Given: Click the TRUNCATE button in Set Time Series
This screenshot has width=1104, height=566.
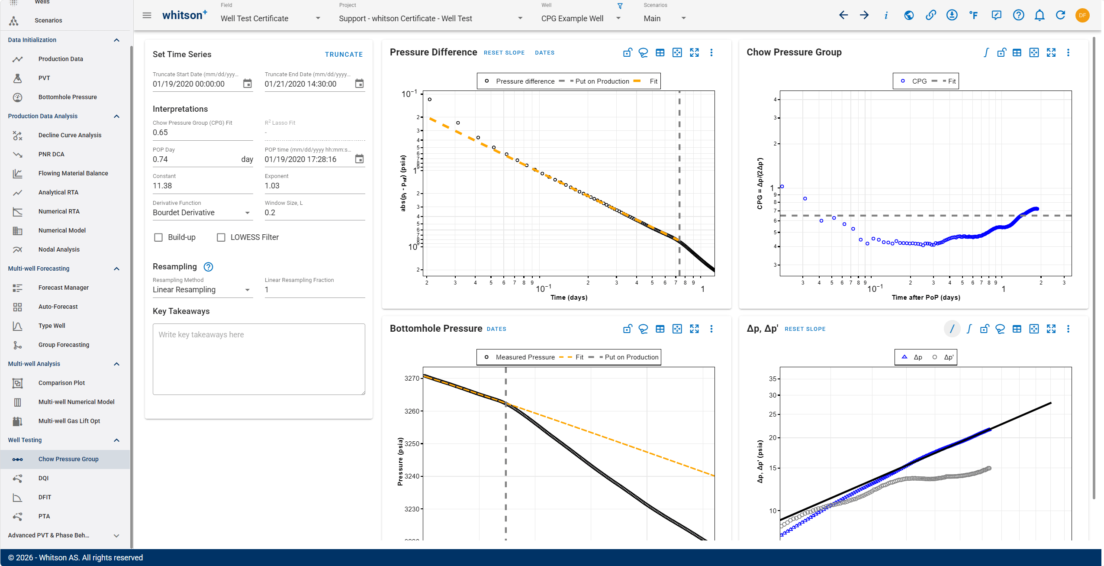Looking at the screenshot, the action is click(344, 55).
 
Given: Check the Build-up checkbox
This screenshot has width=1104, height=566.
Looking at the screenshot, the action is click(158, 237).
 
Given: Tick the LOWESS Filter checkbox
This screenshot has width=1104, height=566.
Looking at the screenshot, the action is click(221, 237).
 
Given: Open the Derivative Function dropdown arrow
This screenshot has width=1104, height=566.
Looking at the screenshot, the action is click(248, 213).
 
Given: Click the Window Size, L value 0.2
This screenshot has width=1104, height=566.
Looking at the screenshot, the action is click(270, 213).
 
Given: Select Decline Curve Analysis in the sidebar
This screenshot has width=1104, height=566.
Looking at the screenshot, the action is click(70, 135).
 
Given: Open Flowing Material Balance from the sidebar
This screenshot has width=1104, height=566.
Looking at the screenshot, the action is click(73, 173).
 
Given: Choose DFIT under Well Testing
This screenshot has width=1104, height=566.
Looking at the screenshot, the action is click(45, 497).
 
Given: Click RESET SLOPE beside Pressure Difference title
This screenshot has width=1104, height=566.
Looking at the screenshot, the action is click(504, 53).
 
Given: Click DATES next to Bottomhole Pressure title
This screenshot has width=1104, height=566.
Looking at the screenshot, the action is click(496, 329).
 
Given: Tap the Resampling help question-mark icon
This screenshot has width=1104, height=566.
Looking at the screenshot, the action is click(208, 267).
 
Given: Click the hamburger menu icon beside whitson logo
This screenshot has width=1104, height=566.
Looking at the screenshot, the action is click(147, 16).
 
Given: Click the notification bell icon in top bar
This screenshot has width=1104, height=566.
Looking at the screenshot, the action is click(1040, 16).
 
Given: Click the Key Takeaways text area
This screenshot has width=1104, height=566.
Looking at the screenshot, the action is click(259, 359).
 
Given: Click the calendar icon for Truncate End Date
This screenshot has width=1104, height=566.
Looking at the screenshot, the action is click(359, 84).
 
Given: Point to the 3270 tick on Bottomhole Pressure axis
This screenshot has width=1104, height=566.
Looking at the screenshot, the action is click(412, 378).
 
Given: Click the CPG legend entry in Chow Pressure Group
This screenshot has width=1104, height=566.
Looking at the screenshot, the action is click(914, 81).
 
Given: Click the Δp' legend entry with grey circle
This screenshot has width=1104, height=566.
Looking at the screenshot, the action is click(943, 357).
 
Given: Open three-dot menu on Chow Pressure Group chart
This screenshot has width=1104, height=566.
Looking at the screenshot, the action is click(1068, 52).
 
